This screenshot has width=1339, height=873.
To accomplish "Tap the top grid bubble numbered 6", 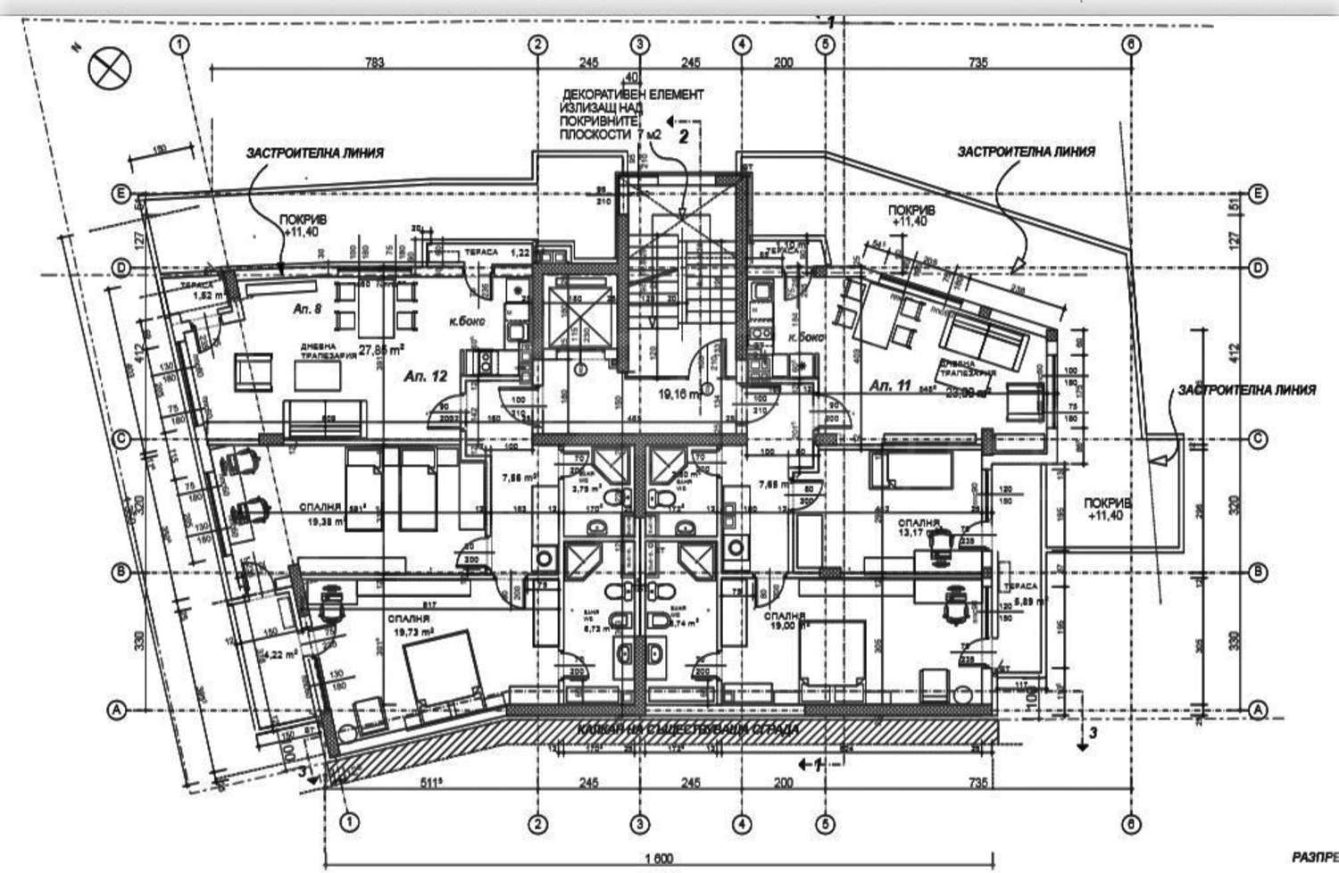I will (x=1132, y=43).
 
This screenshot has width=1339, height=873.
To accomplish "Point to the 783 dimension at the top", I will (x=375, y=62).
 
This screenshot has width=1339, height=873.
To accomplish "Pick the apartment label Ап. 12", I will (x=426, y=376).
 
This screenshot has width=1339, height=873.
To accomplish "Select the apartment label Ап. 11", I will (x=890, y=386).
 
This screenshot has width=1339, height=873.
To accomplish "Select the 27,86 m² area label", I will (x=382, y=350).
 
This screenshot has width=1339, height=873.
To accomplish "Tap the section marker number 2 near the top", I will (x=684, y=137).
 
